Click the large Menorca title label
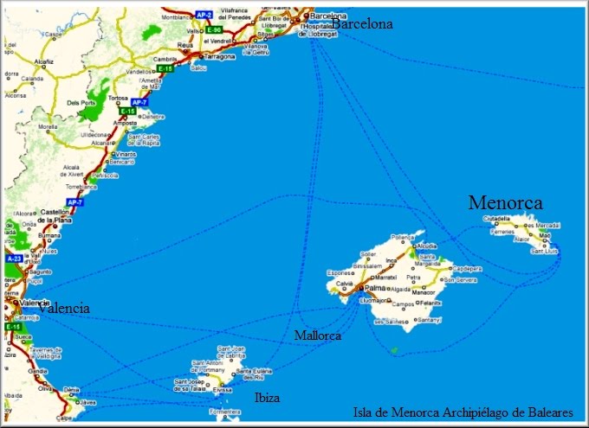tap(506, 202)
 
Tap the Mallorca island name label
tap(316, 334)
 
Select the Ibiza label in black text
tap(267, 398)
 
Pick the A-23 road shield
tap(13, 259)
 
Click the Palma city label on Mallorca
tap(375, 288)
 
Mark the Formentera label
tap(227, 412)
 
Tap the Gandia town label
tap(37, 371)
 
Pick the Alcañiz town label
tap(44, 62)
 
